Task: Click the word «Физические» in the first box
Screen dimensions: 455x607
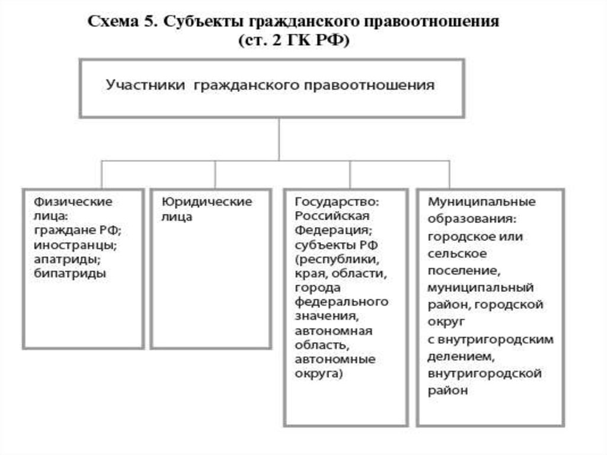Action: [x=73, y=202]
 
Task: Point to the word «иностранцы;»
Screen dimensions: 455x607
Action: [x=71, y=244]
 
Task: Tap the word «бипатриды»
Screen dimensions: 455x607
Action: [x=70, y=273]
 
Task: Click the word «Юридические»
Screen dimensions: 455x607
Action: [x=207, y=202]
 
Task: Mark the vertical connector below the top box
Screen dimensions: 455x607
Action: [x=279, y=138]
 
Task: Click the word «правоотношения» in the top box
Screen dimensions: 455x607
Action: [x=369, y=85]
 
